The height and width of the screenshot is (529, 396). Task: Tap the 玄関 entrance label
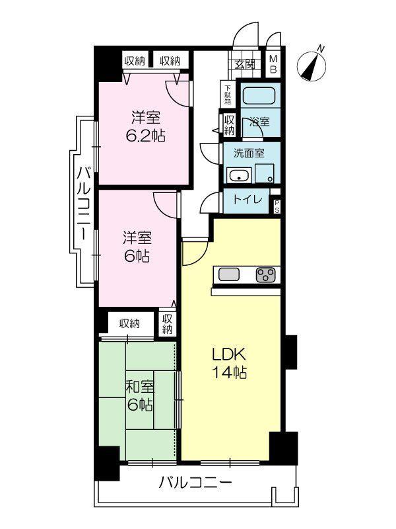[244, 64]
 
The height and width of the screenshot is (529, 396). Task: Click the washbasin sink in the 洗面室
[238, 176]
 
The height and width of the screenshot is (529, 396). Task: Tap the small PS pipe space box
[277, 206]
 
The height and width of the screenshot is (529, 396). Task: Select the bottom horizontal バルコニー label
[195, 483]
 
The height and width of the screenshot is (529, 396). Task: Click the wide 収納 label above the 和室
[129, 323]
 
